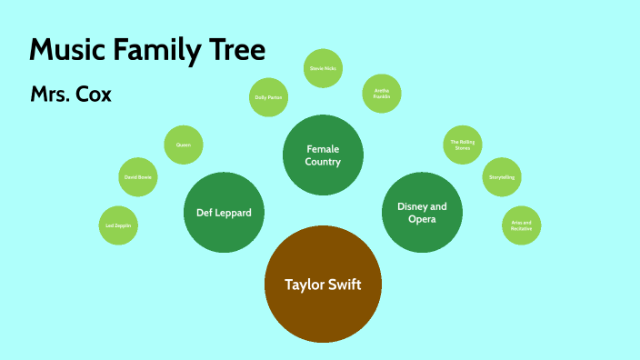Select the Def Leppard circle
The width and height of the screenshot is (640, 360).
[224, 212]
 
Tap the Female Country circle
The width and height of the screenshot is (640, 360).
[324, 155]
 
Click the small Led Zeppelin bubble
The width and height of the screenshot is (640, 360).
[118, 225]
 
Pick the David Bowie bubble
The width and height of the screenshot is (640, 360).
[139, 178]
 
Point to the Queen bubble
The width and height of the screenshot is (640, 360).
[183, 145]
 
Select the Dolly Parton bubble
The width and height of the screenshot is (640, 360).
[268, 96]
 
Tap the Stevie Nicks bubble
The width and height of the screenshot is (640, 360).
[323, 68]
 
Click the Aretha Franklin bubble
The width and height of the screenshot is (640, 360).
[382, 92]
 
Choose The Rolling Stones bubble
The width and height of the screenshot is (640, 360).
[463, 145]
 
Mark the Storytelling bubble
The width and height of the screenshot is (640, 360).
[501, 177]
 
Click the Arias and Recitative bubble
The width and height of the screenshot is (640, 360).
[521, 225]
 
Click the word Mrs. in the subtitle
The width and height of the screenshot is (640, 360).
[50, 95]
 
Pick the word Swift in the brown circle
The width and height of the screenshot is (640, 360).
[344, 285]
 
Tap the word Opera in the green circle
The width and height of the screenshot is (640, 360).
[422, 219]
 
